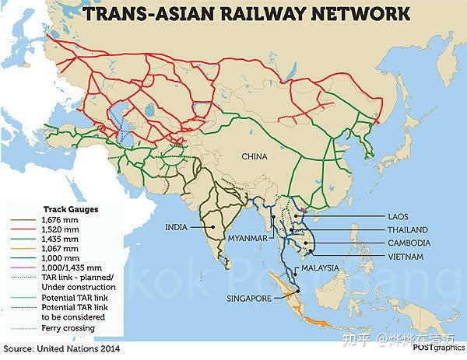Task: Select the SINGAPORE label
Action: [x=248, y=297]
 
